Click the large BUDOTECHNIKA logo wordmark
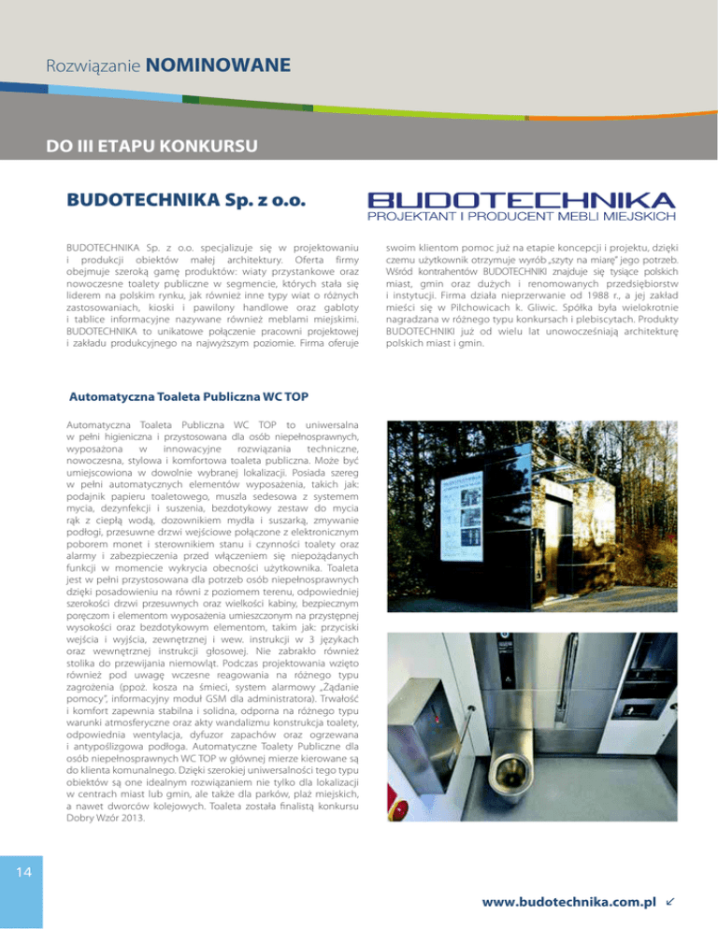click(520, 200)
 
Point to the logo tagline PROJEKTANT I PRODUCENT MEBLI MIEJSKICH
click(521, 217)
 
